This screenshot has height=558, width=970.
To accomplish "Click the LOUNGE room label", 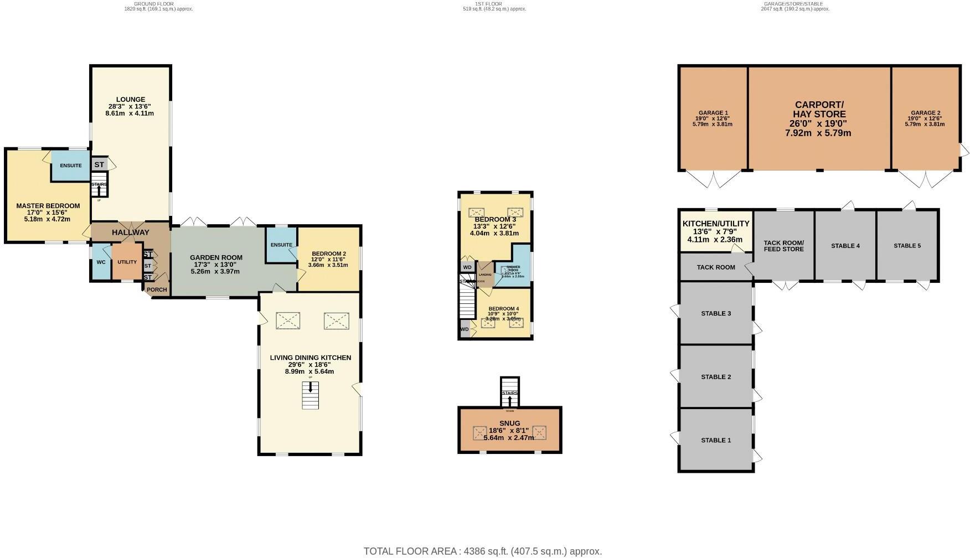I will pos(131,100).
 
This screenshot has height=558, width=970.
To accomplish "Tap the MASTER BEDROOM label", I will pos(48,206).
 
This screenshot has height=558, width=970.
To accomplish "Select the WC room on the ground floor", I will pos(101,262).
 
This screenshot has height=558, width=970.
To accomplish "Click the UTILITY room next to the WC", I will pos(127,262).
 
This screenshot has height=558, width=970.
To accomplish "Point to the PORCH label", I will pos(157,290).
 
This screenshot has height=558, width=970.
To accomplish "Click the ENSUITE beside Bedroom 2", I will pos(281,245).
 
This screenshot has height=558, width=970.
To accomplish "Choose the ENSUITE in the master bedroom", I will pos(71,166).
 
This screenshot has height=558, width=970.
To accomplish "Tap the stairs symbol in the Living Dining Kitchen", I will pos(310,395).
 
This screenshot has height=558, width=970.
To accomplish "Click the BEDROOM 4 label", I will pos(503,309).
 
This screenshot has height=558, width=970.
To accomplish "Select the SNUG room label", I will pos(509,423).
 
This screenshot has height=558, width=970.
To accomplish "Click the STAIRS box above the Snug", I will pos(509,393).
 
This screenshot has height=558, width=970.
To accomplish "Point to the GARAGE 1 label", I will pos(713,113).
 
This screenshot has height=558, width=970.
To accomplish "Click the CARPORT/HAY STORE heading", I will pos(819,110).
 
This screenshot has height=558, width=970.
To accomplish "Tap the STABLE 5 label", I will pos(907,246).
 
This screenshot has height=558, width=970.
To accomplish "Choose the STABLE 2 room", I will pos(716,377).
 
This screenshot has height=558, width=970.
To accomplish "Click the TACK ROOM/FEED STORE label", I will pos(783,246).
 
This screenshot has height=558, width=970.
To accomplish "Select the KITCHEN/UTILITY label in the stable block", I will pos(715,224).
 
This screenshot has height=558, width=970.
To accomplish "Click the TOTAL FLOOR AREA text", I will pos(482,551).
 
